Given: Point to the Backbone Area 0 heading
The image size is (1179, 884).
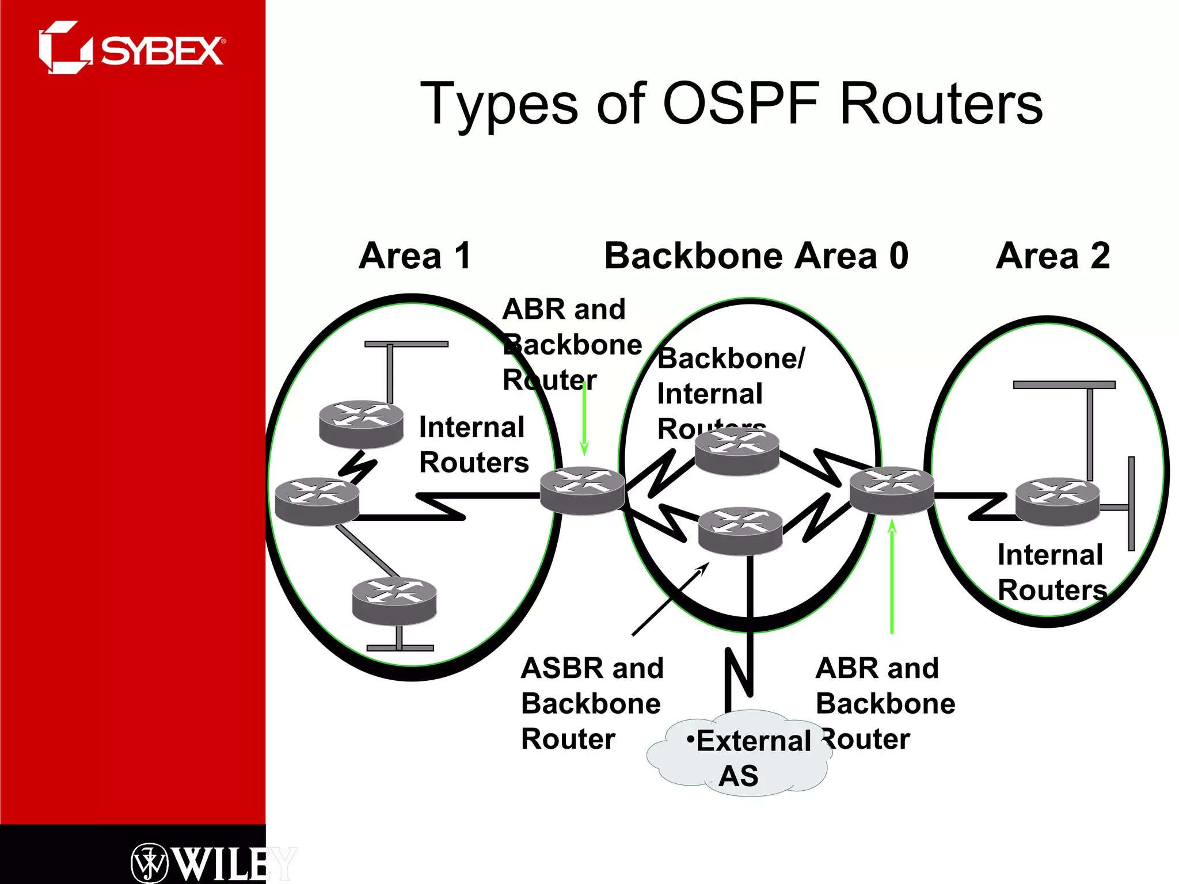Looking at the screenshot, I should pyautogui.click(x=756, y=256).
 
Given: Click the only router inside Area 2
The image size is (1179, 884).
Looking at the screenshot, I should pyautogui.click(x=1057, y=501).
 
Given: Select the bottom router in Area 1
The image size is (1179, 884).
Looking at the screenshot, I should pyautogui.click(x=394, y=601).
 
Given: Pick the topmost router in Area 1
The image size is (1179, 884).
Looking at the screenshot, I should pyautogui.click(x=361, y=424).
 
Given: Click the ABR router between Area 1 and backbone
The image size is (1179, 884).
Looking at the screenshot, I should pyautogui.click(x=582, y=490).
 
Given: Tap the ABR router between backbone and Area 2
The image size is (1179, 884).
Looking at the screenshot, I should pyautogui.click(x=891, y=490).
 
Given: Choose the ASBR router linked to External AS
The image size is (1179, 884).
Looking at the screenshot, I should pyautogui.click(x=740, y=531).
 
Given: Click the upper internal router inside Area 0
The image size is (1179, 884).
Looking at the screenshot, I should pyautogui.click(x=737, y=452).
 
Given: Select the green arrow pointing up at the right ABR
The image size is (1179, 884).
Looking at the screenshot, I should pyautogui.click(x=892, y=576).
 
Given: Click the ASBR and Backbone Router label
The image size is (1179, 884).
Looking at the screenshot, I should pyautogui.click(x=592, y=703).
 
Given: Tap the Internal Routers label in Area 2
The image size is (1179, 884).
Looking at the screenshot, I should pyautogui.click(x=1051, y=572).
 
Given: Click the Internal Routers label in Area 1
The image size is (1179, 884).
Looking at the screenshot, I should pyautogui.click(x=473, y=444).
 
